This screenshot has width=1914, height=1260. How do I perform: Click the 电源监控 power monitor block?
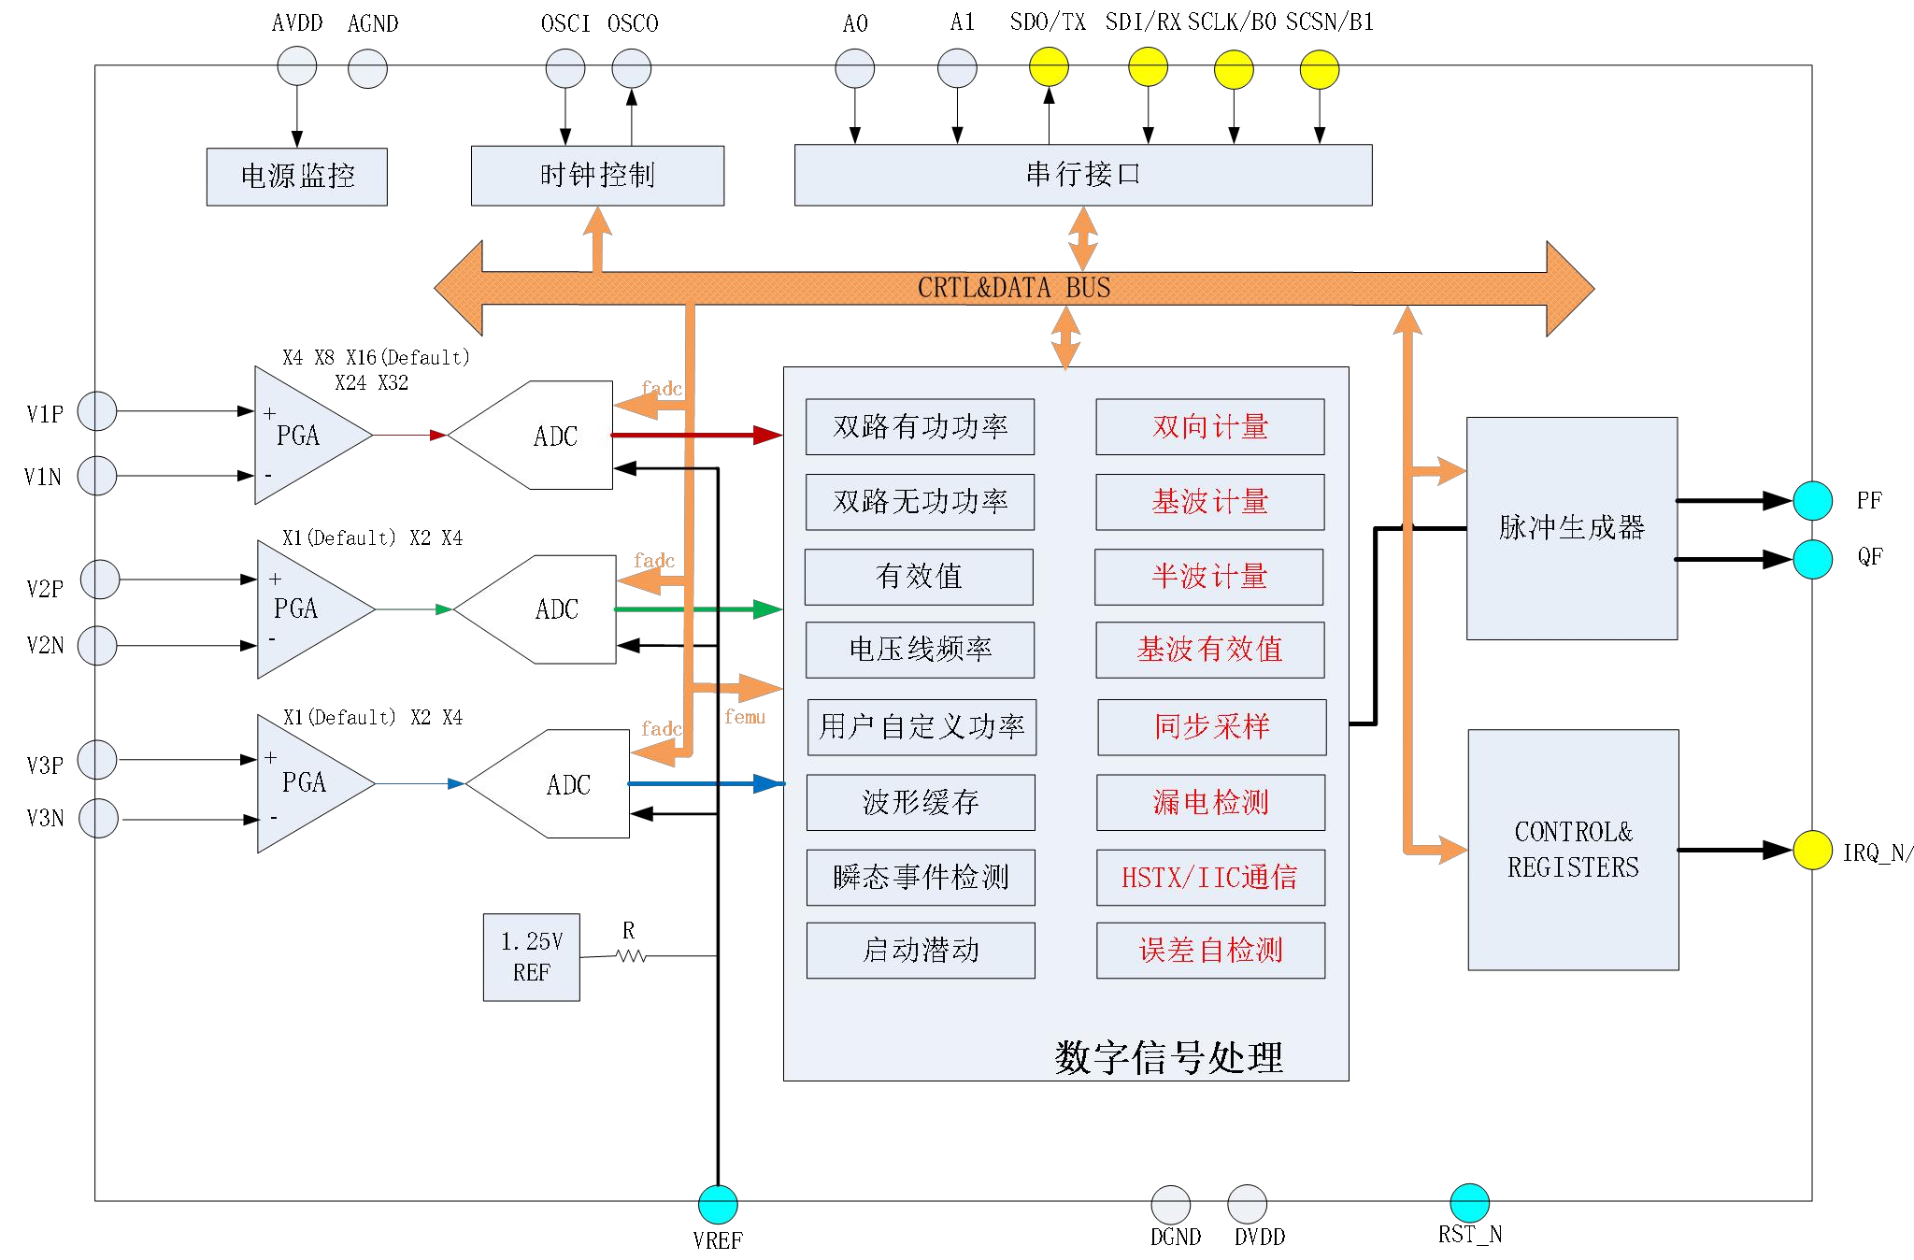pyautogui.click(x=296, y=177)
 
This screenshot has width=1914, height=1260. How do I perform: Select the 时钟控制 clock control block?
pyautogui.click(x=597, y=176)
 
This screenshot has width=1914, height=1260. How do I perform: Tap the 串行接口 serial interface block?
pyautogui.click(x=1082, y=175)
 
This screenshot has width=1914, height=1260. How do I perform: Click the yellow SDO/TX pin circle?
pyautogui.click(x=1049, y=67)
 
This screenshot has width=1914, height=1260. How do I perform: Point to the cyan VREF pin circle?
pyautogui.click(x=718, y=1205)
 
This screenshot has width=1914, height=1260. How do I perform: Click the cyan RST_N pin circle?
pyautogui.click(x=1469, y=1203)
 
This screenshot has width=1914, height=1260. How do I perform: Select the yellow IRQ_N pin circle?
pyautogui.click(x=1812, y=850)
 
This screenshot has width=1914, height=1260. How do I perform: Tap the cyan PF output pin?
pyautogui.click(x=1812, y=501)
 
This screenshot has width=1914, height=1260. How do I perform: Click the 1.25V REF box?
pyautogui.click(x=531, y=957)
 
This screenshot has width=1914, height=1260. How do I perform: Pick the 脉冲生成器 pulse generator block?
pyautogui.click(x=1571, y=528)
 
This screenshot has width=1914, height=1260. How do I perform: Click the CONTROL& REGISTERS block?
pyautogui.click(x=1573, y=850)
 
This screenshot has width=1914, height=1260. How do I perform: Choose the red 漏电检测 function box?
pyautogui.click(x=1210, y=802)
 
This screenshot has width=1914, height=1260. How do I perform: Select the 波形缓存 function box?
pyautogui.click(x=921, y=802)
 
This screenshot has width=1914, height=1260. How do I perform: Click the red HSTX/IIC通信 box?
pyautogui.click(x=1210, y=878)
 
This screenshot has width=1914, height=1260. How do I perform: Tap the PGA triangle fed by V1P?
pyautogui.click(x=304, y=436)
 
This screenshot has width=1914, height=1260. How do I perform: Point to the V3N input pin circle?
pyautogui.click(x=98, y=818)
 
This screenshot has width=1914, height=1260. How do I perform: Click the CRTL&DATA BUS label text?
pyautogui.click(x=1014, y=288)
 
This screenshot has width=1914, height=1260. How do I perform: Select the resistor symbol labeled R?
pyautogui.click(x=632, y=956)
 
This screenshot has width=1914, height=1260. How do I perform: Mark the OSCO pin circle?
pyautogui.click(x=632, y=68)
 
